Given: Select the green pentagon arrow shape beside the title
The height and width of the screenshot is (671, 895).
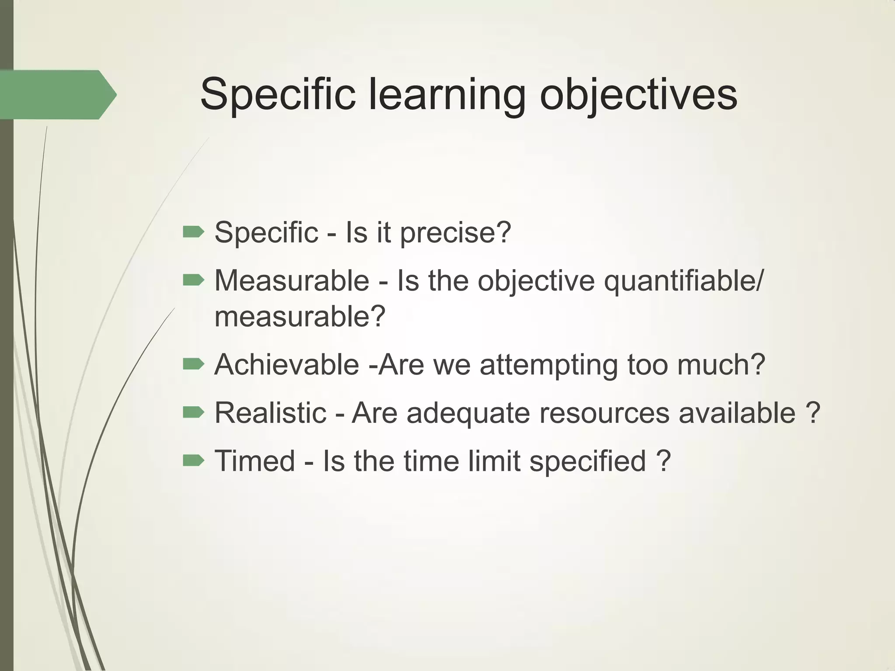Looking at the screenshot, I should tap(57, 94).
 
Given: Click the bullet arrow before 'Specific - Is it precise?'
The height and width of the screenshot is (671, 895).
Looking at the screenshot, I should tap(193, 232).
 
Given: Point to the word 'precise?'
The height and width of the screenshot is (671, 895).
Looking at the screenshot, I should tap(455, 233).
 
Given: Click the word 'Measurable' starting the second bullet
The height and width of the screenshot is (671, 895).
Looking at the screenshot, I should tap(292, 280).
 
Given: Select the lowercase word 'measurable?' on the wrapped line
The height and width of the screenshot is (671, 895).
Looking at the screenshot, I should tap(300, 317).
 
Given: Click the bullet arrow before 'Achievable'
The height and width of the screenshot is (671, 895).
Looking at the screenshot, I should tap(193, 363).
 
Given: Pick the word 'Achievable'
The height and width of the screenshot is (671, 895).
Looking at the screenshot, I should tap(287, 364).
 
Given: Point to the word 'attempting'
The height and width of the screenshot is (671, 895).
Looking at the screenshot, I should tap(548, 365).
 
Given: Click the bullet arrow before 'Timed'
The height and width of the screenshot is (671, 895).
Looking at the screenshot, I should tap(193, 460).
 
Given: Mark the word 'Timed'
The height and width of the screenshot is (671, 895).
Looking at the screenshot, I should tap(255, 461).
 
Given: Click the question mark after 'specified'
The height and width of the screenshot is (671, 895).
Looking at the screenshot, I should tap(663, 461).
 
